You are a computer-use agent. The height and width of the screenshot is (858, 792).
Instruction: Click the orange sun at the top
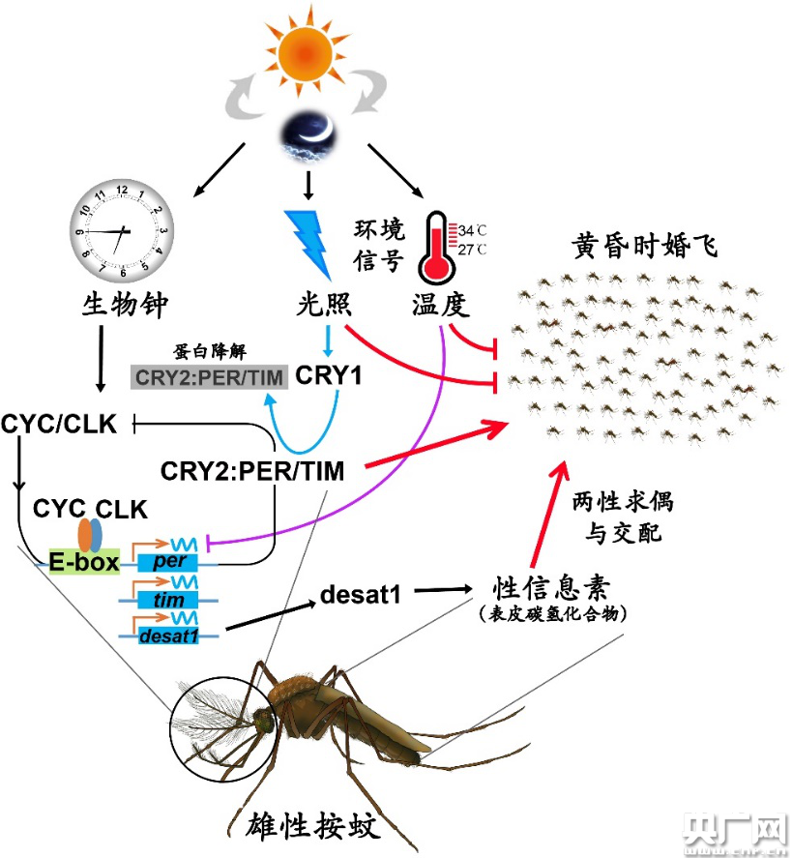(306, 53)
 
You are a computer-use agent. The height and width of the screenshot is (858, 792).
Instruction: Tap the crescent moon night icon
(308, 135)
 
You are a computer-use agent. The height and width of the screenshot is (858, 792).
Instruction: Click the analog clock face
(122, 230)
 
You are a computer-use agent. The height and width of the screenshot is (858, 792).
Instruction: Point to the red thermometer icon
(436, 247)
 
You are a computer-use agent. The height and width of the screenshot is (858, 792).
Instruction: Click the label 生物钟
(125, 305)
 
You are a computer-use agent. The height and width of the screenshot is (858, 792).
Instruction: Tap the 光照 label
(324, 304)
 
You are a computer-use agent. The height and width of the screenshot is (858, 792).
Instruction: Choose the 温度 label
(441, 305)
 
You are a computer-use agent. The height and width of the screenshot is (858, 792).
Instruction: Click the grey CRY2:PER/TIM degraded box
(210, 377)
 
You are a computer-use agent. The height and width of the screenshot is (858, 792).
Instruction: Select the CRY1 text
(328, 375)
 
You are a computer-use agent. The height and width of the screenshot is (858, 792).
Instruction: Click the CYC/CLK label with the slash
(59, 424)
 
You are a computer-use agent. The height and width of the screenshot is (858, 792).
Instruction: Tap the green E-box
(84, 561)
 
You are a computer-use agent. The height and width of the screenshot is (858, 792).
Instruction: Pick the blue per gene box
(167, 561)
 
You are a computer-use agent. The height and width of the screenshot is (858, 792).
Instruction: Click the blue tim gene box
(168, 600)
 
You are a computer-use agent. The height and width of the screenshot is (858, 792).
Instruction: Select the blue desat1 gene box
(168, 636)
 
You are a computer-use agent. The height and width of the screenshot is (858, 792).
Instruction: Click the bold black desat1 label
(361, 594)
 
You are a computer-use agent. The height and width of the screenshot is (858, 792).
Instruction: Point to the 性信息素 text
(551, 588)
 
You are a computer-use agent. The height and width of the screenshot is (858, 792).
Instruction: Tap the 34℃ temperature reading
(472, 230)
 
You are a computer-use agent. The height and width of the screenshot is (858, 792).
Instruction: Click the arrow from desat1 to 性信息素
(443, 590)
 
